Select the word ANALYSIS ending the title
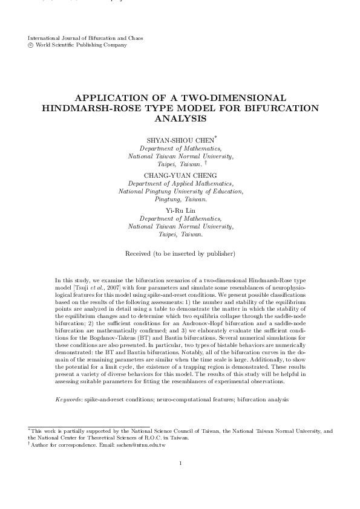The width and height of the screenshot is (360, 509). click(180, 118)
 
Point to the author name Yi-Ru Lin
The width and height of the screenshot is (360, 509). click(180, 210)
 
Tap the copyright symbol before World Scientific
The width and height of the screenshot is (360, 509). click(31, 45)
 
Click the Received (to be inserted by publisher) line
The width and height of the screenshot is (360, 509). click(180, 253)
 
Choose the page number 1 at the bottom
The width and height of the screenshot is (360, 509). click(180, 481)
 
